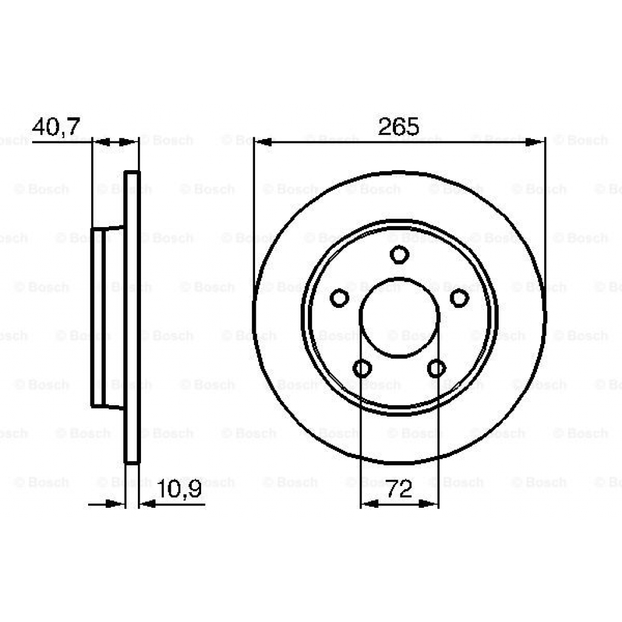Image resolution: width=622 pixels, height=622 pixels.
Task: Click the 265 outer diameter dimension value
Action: coord(398,126)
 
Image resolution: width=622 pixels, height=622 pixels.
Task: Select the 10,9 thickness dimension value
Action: coord(179,489)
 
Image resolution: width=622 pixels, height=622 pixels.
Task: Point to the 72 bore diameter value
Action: coord(399,489)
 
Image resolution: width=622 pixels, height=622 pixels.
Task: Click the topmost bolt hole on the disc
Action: coord(399,254)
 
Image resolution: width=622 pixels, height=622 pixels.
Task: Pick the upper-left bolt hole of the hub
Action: coord(340,298)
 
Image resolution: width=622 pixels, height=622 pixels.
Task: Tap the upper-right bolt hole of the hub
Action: coord(459,298)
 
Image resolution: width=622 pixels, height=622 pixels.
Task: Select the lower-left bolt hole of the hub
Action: coord(363,368)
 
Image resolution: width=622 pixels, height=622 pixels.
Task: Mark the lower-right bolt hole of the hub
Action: coord(436,368)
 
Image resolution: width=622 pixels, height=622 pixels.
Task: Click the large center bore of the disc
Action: coord(399,317)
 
